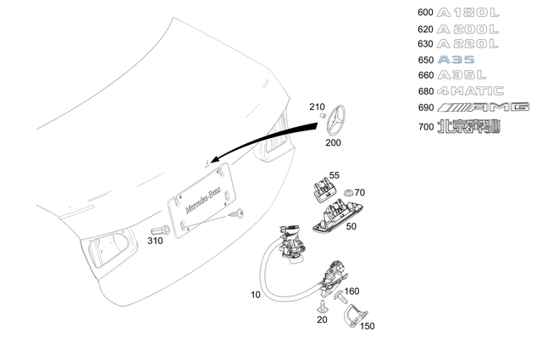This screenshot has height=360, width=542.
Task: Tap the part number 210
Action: pos(317,108)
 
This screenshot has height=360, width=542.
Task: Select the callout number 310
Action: pos(155,241)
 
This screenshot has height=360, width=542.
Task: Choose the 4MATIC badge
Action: pos(470,91)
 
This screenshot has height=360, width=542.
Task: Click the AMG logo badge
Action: pos(483,107)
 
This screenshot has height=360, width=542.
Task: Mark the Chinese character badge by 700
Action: pos(468,126)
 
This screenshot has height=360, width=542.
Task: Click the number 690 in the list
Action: pos(425,108)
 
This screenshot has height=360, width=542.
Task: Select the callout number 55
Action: pos(334,175)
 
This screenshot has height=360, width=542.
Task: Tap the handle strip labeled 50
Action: pos(339,218)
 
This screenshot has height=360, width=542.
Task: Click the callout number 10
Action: pos(256,296)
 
